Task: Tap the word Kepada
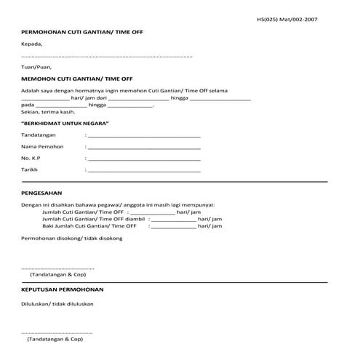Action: pos(32,44)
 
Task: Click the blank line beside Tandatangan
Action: pos(143,136)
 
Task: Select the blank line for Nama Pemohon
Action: pos(143,147)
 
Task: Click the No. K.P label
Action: pos(31,158)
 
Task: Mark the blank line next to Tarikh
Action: pos(143,169)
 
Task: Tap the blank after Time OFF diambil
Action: pos(172,218)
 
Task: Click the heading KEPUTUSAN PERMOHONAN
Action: pos(63,289)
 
